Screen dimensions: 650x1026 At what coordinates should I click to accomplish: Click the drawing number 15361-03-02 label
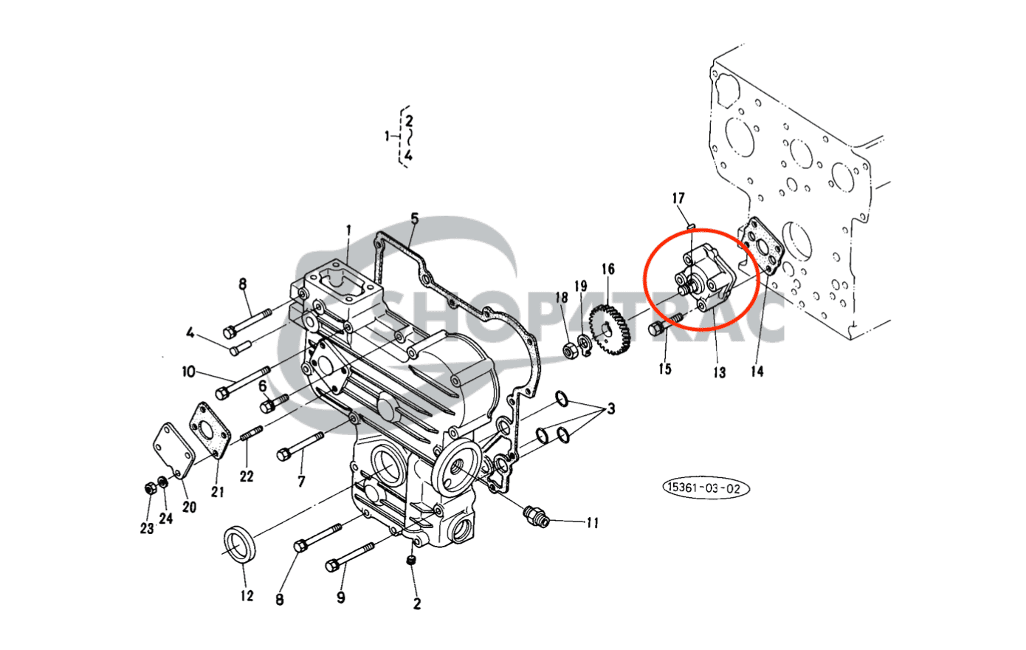(x=706, y=488)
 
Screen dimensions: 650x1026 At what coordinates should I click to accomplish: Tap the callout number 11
(x=592, y=523)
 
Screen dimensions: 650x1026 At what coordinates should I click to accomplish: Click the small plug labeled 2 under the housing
(x=412, y=563)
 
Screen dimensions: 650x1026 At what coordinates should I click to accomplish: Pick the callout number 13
(x=719, y=372)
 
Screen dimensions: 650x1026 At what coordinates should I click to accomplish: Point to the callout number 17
(x=678, y=198)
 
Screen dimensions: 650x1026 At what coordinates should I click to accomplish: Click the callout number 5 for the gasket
(x=414, y=219)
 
